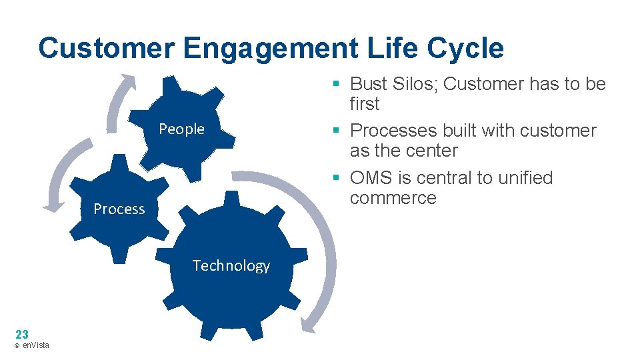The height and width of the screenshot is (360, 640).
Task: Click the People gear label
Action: tap(181, 129)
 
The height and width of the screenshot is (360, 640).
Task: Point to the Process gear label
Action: tap(119, 209)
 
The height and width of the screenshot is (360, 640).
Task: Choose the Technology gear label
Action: tap(231, 265)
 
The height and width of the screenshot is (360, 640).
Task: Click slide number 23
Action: tap(21, 334)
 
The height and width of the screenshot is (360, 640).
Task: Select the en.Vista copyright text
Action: tap(31, 345)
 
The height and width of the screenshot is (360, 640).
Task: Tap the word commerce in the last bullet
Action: tap(393, 198)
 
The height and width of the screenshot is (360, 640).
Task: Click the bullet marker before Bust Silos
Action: tap(337, 84)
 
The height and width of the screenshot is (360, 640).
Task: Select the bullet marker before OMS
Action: tap(337, 178)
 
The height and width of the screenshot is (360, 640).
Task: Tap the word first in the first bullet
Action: tap(364, 104)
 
